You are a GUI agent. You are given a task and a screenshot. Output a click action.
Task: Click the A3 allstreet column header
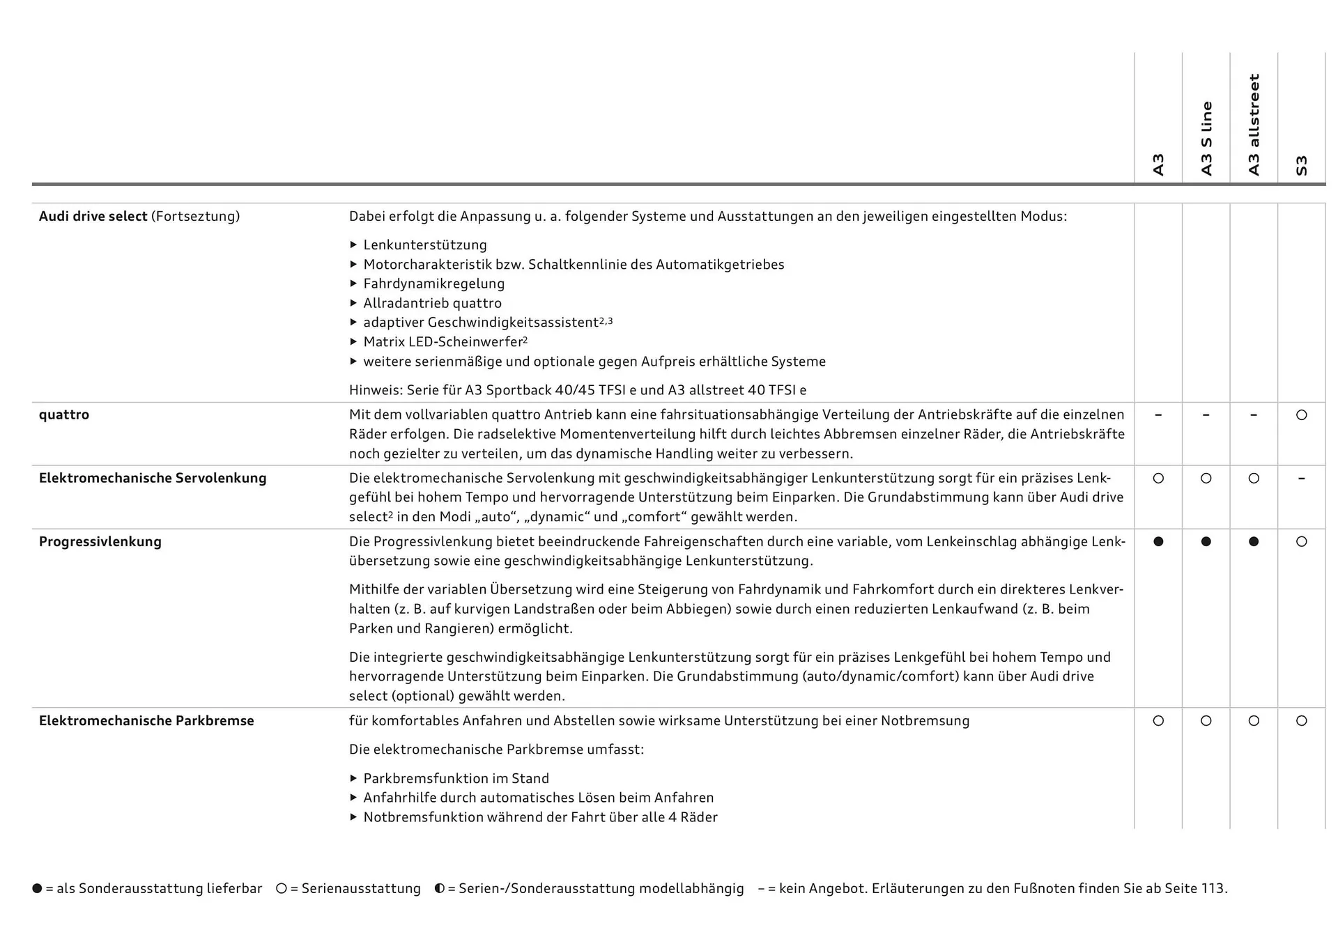point(1254,125)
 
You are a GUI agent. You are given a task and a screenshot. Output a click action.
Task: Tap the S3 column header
point(1301,165)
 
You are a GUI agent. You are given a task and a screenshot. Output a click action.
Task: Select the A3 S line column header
point(1206,138)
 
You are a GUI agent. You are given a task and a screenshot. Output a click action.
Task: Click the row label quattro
point(64,414)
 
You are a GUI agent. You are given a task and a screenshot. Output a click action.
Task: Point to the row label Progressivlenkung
point(100,541)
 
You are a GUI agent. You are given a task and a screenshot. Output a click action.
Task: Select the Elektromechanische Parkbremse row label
point(146,720)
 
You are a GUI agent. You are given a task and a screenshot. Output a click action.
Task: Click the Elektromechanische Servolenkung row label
point(153,478)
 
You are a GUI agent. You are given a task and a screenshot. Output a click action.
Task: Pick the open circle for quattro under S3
point(1301,415)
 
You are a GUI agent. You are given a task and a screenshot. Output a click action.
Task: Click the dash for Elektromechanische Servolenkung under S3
point(1301,479)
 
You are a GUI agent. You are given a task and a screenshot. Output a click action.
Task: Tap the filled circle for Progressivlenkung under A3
point(1158,541)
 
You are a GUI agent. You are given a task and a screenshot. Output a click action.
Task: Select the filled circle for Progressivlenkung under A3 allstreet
point(1254,541)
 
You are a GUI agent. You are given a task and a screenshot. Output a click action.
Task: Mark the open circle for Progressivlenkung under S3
point(1301,541)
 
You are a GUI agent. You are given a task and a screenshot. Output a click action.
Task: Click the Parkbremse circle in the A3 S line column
point(1206,721)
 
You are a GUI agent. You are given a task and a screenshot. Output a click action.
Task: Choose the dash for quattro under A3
point(1158,415)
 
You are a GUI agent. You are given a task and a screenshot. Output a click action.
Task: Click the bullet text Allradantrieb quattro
point(432,303)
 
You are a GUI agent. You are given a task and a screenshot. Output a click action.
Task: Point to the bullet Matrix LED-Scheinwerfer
point(445,342)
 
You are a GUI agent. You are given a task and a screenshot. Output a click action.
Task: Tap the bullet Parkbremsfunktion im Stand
point(456,778)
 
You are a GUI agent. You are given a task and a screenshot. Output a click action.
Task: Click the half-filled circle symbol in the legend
point(440,888)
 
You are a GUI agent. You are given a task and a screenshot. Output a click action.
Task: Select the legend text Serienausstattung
point(361,888)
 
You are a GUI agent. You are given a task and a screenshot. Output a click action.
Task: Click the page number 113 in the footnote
point(1213,888)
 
